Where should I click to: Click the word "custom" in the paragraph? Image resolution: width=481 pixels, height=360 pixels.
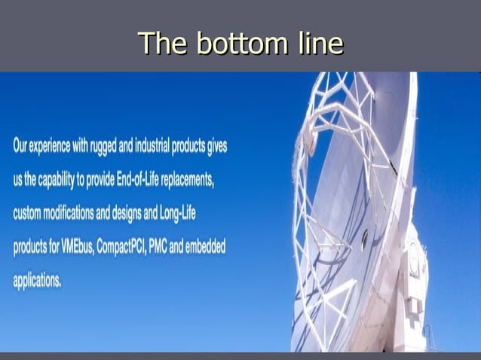point(27,214)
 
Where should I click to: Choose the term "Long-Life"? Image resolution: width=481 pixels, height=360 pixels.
point(178,214)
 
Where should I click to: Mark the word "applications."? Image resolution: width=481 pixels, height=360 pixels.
point(37,281)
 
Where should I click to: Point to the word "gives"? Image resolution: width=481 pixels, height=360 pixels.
point(216,147)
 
